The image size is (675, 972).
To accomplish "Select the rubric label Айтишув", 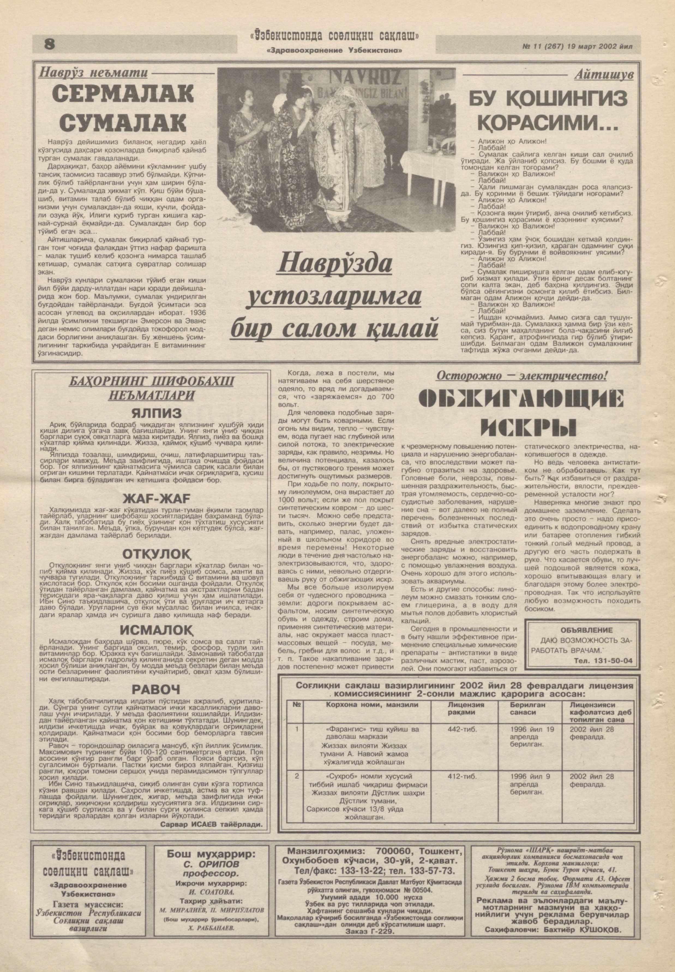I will click(x=604, y=75).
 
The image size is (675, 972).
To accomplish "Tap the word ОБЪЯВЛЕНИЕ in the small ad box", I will click(x=580, y=630).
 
